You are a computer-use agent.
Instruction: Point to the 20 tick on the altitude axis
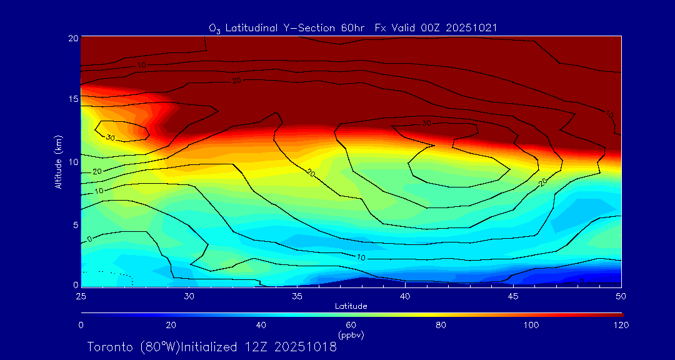[72, 38]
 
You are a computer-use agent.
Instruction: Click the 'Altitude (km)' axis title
[58, 162]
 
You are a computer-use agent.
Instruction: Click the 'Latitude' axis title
[351, 306]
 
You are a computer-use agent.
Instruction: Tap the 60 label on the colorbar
[351, 325]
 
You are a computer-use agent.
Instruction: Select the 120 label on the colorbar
[621, 325]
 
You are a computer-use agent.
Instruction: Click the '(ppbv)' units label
[351, 335]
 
